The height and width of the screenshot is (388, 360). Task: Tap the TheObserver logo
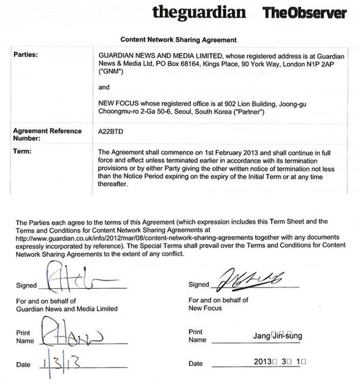coord(304,12)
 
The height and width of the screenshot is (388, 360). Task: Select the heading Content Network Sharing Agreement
coord(179,38)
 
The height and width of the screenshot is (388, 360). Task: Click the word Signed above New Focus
coord(199,284)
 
